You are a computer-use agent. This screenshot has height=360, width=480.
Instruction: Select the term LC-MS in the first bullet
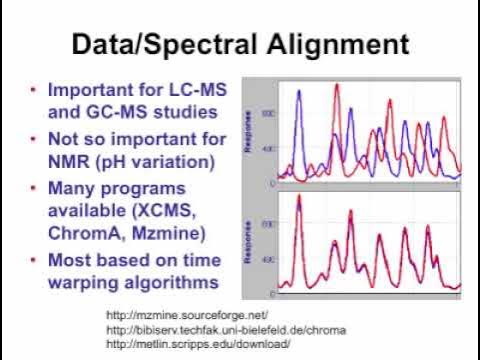(x=187, y=88)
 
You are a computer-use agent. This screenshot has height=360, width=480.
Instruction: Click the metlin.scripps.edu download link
(x=197, y=344)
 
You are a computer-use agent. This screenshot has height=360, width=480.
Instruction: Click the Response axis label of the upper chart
(x=246, y=130)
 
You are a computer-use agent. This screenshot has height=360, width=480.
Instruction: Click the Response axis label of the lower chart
(x=246, y=242)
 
